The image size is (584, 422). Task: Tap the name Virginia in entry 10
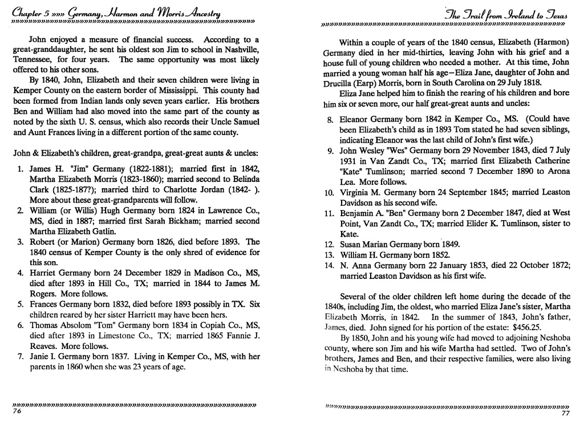coord(356,192)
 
